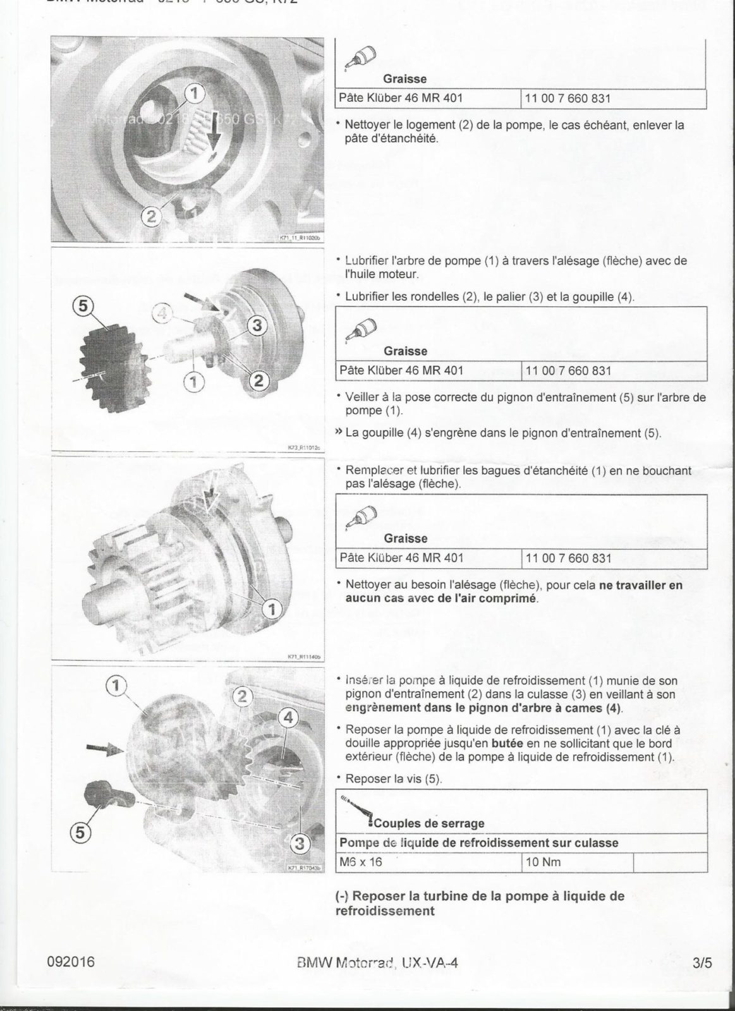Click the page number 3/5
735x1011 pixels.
click(702, 964)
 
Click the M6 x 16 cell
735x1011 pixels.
click(361, 862)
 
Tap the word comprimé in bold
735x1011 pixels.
click(506, 598)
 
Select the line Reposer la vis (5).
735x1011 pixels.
click(394, 779)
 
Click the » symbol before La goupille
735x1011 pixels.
click(339, 433)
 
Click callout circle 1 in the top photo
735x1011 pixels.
click(195, 94)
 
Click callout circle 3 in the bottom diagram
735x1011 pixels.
click(301, 844)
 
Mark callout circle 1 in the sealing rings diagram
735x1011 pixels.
click(272, 609)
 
